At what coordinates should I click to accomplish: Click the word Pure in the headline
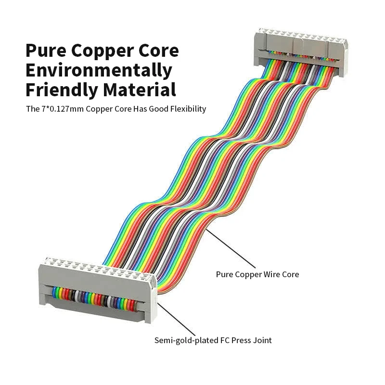pyautogui.click(x=47, y=51)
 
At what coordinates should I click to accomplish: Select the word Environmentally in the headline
pyautogui.click(x=99, y=70)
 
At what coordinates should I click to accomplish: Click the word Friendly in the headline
pyautogui.click(x=59, y=90)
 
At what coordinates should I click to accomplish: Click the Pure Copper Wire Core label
pyautogui.click(x=257, y=274)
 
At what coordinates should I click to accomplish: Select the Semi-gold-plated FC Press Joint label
pyautogui.click(x=213, y=340)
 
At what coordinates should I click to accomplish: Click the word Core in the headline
pyautogui.click(x=159, y=51)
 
